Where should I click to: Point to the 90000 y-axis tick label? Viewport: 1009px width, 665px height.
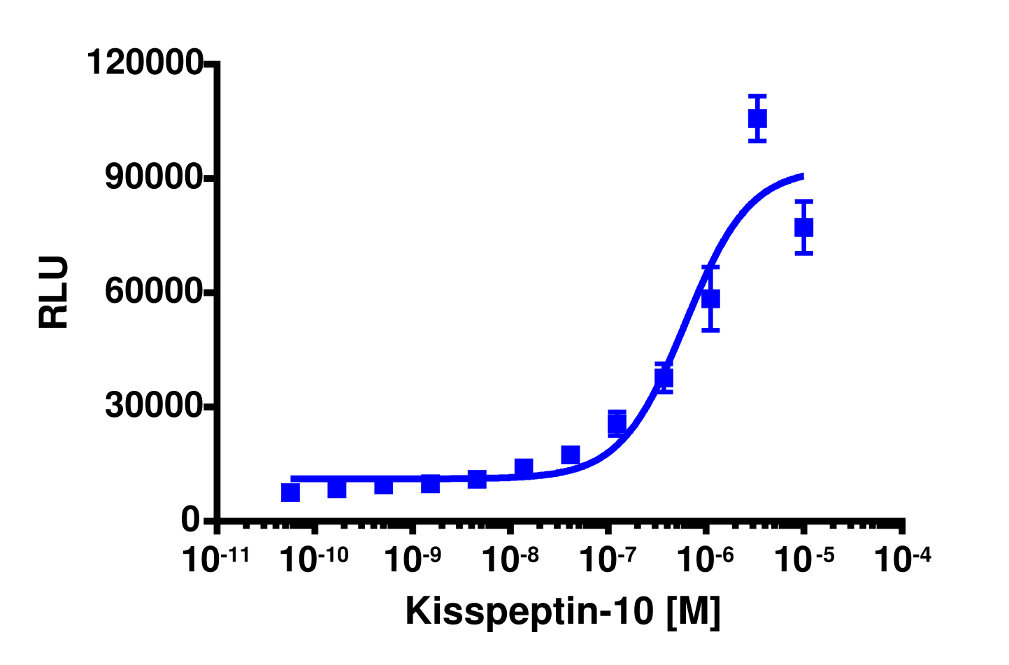point(154,178)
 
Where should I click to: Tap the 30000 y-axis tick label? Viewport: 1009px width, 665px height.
point(154,406)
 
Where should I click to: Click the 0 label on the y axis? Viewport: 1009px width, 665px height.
point(190,520)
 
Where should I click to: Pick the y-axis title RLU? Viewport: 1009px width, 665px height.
point(54,292)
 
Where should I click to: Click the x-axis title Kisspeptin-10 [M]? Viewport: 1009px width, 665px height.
point(562,611)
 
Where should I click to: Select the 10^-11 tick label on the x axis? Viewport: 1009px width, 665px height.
point(217,560)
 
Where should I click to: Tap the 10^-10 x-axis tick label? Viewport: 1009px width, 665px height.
point(315,560)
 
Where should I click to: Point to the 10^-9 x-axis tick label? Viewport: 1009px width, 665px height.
point(413,560)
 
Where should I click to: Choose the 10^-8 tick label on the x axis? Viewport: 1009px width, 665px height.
point(510,560)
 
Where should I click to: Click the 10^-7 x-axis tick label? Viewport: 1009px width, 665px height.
point(608,560)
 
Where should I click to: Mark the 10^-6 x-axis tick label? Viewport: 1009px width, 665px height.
point(706,560)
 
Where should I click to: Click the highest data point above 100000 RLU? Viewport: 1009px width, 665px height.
point(757,119)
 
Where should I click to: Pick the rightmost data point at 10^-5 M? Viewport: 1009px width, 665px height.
point(804,227)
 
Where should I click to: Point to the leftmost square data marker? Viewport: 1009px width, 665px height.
point(290,493)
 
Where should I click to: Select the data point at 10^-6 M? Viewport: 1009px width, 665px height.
point(710,299)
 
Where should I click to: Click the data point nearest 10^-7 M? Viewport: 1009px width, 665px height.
point(617,423)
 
